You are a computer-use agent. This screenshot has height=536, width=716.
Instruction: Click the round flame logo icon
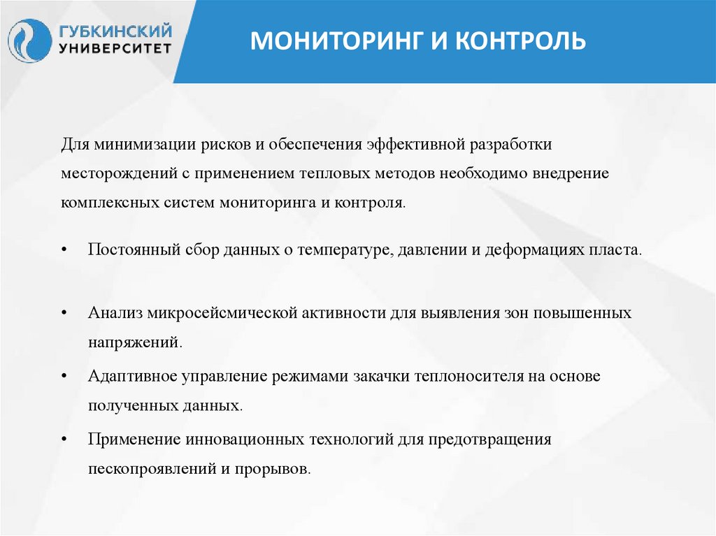tap(29, 41)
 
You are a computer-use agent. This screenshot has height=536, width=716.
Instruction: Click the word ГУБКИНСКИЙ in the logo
tap(115, 31)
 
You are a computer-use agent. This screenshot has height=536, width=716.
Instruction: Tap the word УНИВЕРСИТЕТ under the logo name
tap(115, 49)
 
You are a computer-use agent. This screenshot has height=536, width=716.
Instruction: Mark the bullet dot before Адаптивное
tap(64, 377)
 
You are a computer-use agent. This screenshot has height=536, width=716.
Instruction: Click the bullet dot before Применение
tap(64, 440)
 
